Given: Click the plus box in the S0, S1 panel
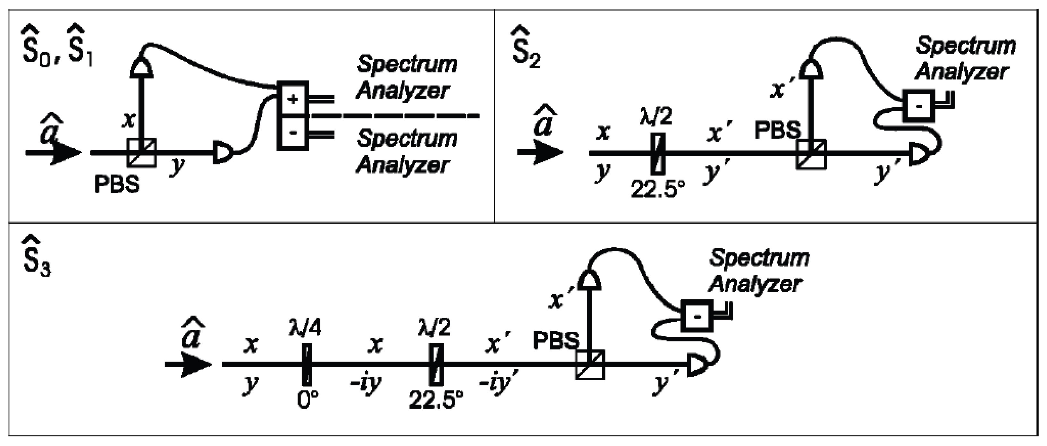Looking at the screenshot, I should [x=293, y=99].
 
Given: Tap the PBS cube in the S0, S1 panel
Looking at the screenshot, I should [x=141, y=153].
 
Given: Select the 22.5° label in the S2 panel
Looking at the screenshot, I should [x=658, y=189].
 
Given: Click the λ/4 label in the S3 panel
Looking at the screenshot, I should [x=305, y=327].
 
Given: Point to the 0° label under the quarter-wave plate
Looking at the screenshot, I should [x=308, y=400].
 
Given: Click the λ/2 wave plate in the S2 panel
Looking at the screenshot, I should [x=658, y=153].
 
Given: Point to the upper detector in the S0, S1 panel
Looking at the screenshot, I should [x=141, y=67].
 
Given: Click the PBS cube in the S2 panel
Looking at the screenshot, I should [x=811, y=154].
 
